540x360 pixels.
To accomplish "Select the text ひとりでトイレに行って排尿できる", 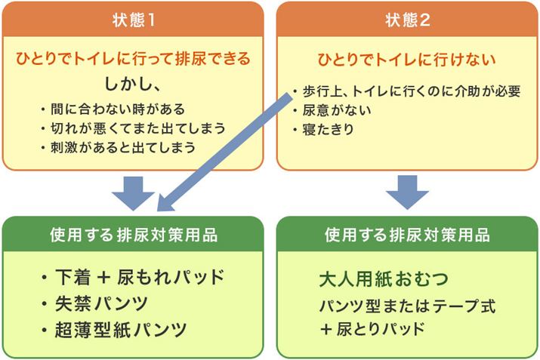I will point(134,57).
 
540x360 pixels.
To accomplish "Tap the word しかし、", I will point(134,82).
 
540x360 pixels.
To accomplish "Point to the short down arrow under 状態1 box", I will point(134,192).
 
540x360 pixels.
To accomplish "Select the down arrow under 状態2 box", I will point(408,192).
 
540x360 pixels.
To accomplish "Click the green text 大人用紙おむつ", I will point(383,278).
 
